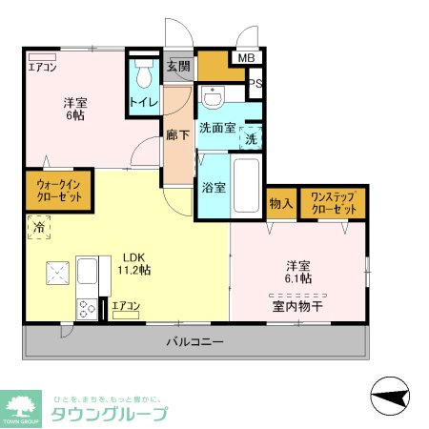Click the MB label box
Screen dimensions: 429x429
[247, 58]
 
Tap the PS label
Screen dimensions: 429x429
[255, 85]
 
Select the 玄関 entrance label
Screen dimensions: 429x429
[178, 67]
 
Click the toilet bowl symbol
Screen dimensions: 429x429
[144, 74]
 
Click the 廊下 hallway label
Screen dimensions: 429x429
[177, 135]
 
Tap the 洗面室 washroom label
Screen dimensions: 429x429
[216, 127]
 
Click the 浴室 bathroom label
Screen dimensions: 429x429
[213, 187]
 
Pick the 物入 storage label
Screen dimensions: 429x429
[280, 203]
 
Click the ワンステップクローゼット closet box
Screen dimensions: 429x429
[333, 203]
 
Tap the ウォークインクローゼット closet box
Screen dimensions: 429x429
[53, 188]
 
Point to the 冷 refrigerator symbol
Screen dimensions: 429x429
[40, 230]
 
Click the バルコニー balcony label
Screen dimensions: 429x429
[194, 340]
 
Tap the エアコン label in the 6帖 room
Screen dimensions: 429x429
[42, 67]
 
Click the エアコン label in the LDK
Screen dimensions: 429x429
[126, 306]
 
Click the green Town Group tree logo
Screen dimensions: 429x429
[22, 406]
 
